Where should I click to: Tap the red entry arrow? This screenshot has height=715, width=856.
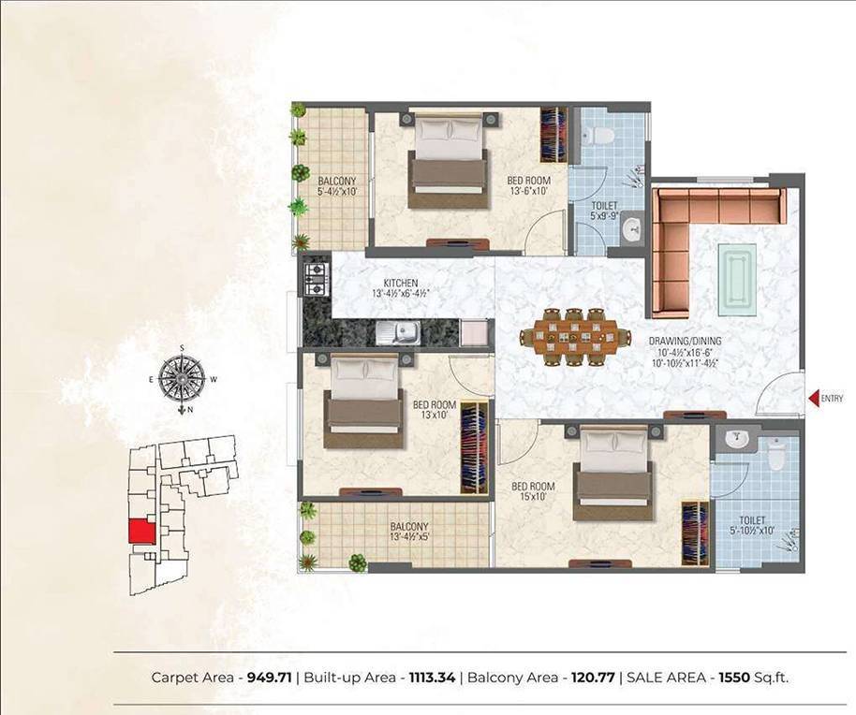[814, 399]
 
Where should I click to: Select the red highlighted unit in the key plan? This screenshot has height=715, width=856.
[140, 531]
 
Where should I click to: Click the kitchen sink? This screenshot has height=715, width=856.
[407, 330]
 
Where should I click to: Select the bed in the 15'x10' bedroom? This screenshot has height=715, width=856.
[612, 473]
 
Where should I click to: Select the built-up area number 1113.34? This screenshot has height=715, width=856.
[432, 677]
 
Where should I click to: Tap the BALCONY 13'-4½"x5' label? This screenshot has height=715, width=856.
[409, 532]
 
